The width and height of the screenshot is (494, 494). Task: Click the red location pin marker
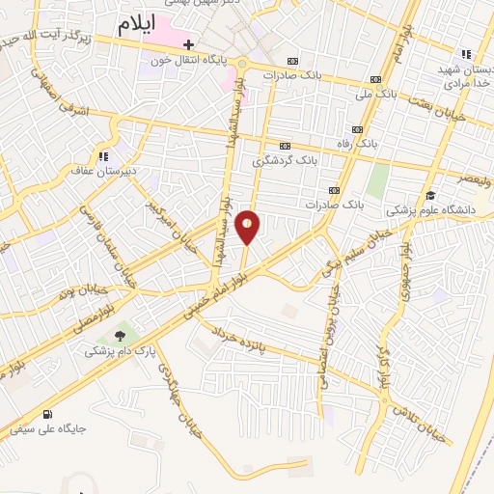(248, 227)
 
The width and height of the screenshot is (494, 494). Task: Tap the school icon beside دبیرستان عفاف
(101, 156)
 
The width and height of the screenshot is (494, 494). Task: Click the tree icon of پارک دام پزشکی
(120, 336)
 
